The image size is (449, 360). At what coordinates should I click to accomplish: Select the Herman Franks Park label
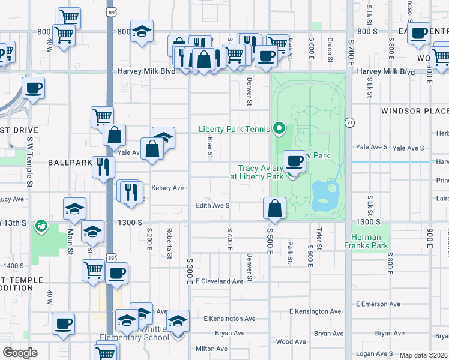(x=366, y=241)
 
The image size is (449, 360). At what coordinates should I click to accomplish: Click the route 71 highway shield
(x=349, y=122)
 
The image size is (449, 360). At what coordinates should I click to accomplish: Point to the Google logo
(x=20, y=353)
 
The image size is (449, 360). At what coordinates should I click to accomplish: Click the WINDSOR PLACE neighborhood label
(x=415, y=111)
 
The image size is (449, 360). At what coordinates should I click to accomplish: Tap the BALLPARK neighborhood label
(x=70, y=163)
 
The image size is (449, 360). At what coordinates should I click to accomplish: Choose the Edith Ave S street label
(x=213, y=206)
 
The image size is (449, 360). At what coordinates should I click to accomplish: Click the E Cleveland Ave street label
(x=218, y=281)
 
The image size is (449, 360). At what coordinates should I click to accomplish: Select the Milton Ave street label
(x=211, y=349)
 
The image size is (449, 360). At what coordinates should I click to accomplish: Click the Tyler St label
(x=318, y=236)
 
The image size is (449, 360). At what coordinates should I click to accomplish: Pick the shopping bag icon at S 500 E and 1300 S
(x=274, y=208)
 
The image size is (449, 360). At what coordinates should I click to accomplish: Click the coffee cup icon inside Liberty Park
(x=294, y=161)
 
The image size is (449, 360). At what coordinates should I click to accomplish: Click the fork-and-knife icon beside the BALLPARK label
(x=103, y=166)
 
